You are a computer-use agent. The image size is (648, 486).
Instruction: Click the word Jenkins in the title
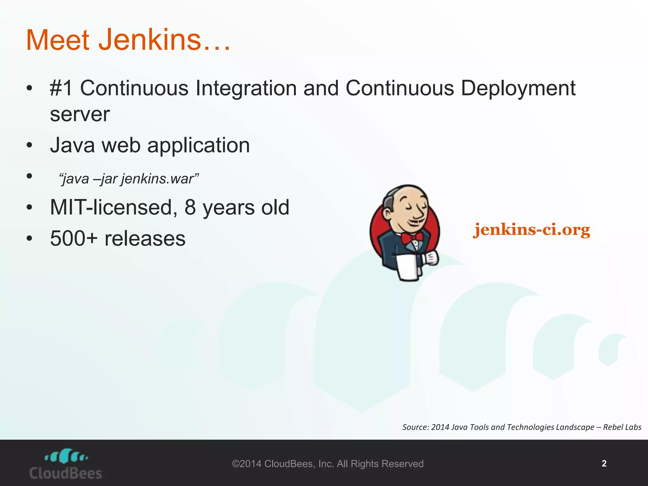point(150,40)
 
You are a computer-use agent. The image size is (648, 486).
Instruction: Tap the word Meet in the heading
point(58,40)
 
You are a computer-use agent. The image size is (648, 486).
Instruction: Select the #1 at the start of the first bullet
point(61,88)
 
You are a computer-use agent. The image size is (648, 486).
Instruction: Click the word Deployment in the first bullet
point(518,89)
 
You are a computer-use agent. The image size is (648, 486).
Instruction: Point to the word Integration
point(246,89)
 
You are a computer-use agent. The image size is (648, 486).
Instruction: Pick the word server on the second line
point(80,115)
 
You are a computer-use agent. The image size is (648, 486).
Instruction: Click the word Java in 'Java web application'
point(72,145)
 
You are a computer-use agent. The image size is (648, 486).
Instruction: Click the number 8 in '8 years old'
point(190,208)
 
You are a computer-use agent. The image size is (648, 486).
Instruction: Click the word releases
point(145,239)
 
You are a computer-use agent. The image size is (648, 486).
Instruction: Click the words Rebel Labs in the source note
point(622,427)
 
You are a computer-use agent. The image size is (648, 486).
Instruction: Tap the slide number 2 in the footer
point(604,464)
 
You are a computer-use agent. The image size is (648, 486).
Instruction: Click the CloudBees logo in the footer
point(66,464)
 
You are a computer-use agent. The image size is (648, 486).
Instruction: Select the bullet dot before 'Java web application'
point(29,146)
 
